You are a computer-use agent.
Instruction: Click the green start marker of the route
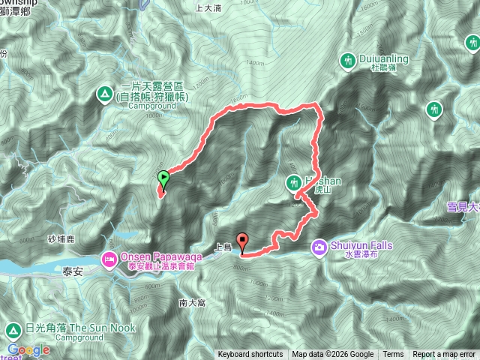[x=163, y=178]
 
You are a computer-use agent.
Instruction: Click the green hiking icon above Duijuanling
[x=347, y=60]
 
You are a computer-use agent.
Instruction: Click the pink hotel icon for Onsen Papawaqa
[x=107, y=259]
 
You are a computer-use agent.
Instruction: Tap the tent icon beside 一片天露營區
[x=103, y=94]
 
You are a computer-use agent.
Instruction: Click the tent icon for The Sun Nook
[x=13, y=331]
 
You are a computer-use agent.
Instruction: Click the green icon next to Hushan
[x=293, y=181]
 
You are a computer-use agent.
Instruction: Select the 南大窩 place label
[x=193, y=302]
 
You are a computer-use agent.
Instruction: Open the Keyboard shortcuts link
[x=250, y=355]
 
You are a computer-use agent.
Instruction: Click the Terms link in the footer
[x=393, y=355]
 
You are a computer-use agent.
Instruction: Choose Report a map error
[x=444, y=355]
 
